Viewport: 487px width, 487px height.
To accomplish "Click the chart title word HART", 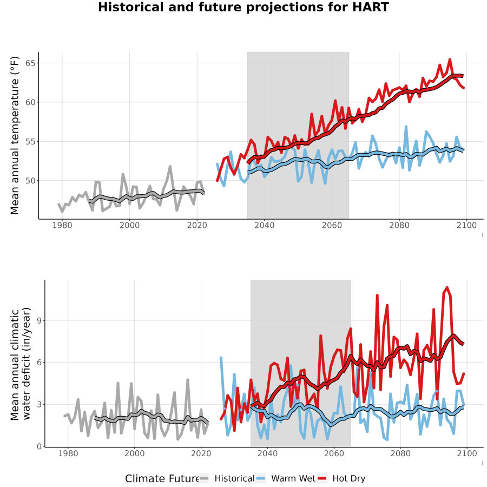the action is (370, 7).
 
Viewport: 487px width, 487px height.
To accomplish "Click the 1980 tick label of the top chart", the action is (62, 225).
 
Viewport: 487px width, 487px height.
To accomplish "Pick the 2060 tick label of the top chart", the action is (332, 225).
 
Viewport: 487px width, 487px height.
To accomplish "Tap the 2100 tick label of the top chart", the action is (466, 225).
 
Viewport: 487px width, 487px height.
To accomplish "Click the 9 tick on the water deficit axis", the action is (40, 320).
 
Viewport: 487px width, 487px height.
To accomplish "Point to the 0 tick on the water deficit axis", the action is (40, 446).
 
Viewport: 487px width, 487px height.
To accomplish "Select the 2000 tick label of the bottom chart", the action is (135, 453).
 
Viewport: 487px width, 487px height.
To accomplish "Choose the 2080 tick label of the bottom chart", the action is (400, 453).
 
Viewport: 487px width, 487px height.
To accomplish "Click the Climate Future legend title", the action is (162, 479).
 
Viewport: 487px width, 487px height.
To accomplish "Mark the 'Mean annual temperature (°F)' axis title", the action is (15, 135).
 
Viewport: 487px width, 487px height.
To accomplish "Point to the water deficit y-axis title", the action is (21, 364).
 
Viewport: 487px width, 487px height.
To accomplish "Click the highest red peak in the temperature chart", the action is (450, 59).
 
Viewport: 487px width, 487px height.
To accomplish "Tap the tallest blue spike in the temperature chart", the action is (406, 127).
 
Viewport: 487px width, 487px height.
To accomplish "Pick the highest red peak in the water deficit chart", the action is (447, 287).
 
